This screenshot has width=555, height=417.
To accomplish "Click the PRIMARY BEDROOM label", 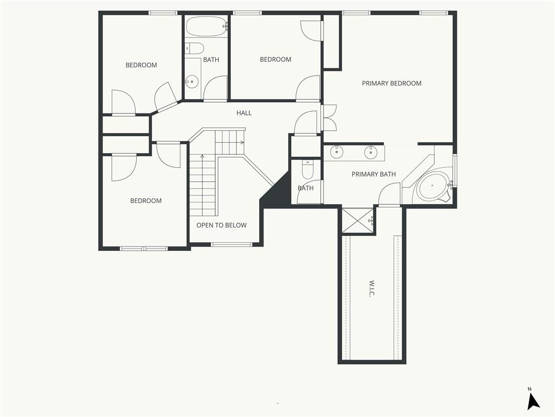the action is click(391, 83).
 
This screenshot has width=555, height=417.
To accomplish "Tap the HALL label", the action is click(244, 113).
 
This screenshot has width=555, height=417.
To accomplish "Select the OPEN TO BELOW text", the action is click(222, 225).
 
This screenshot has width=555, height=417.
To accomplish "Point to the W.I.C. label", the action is click(372, 289).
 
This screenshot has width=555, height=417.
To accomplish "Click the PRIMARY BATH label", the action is click(373, 174).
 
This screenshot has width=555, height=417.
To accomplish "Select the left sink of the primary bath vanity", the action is click(336, 152).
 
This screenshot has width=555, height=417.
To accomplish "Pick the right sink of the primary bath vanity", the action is click(371, 153).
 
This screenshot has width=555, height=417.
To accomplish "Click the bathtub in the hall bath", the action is click(206, 27).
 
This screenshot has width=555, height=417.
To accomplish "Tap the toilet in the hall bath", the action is click(195, 48).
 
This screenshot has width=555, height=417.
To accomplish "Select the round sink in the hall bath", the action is click(192, 82).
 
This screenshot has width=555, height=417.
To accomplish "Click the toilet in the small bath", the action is click(307, 169).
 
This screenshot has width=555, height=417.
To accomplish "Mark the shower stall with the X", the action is click(358, 220).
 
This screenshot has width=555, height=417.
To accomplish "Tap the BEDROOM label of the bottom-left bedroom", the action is click(146, 201).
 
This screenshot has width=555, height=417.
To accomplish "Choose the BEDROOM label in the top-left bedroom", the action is click(141, 65).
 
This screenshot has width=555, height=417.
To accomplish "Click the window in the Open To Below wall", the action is click(232, 244).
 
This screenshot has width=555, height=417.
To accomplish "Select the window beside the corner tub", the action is click(455, 170).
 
